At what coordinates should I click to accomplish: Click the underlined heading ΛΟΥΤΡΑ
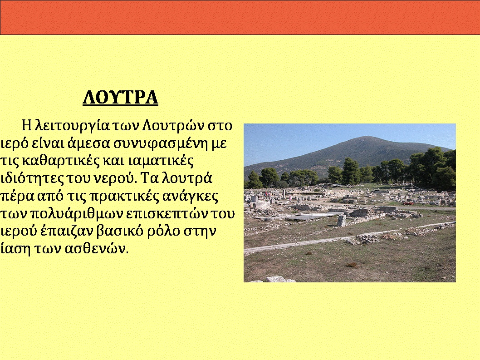[x=120, y=98]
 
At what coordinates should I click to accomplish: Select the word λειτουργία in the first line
[x=72, y=126]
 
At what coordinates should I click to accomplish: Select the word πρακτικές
[x=124, y=197]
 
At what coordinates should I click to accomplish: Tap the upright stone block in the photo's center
[x=342, y=221]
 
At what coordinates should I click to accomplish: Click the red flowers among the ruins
[x=407, y=203]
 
